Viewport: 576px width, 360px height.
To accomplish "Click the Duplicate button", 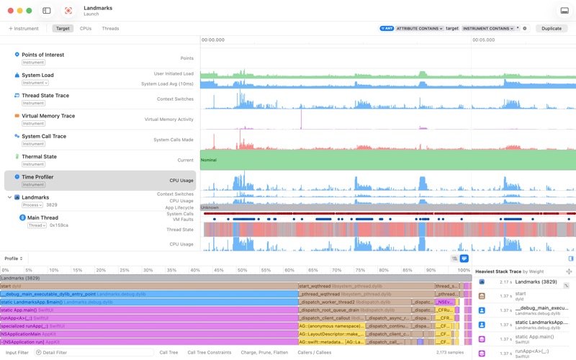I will point(552,29).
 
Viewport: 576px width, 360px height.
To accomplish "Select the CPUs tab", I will point(86,29).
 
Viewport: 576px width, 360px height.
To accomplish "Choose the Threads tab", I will point(110,29).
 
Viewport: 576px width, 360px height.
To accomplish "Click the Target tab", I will point(63,29).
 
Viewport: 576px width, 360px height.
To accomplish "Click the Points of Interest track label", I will point(42,55).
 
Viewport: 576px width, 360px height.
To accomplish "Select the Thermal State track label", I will point(39,156).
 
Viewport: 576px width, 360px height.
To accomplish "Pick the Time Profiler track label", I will point(37,176).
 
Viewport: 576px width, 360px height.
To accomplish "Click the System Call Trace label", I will point(43,136).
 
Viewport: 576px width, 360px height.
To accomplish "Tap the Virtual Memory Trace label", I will point(48,116).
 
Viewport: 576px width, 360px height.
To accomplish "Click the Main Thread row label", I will point(42,217).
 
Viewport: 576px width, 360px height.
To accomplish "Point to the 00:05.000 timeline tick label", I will point(484,40).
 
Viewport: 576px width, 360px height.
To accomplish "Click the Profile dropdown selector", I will point(14,258).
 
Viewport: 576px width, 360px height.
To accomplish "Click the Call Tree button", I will point(168,353).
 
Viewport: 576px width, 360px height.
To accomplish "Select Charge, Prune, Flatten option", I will point(264,353).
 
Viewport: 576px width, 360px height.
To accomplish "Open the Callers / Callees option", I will point(315,353).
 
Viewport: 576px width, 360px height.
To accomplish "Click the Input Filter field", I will point(17,353).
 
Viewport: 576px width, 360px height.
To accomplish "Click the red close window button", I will point(10,11).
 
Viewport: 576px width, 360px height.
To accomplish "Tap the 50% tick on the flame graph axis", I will point(242,270).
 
